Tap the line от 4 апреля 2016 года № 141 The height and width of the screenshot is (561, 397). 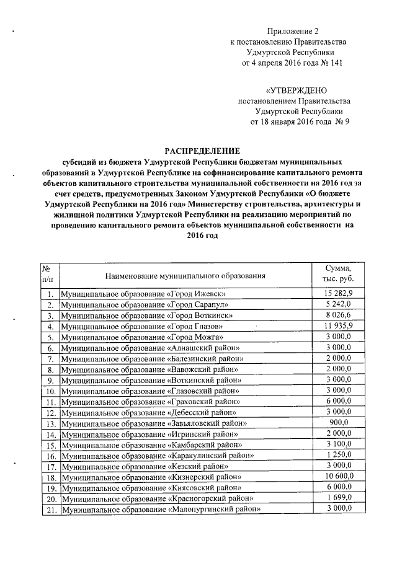click(x=293, y=63)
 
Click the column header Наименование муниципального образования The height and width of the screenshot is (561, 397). click(x=185, y=275)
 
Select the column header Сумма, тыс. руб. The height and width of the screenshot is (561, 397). click(x=337, y=274)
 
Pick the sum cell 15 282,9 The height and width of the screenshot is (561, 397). click(x=337, y=293)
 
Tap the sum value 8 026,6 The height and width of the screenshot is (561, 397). click(x=337, y=315)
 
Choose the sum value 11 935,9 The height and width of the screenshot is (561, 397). click(x=337, y=325)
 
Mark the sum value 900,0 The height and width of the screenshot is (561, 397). click(x=337, y=423)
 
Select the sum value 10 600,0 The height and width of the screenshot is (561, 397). click(x=337, y=477)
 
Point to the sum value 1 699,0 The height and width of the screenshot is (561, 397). click(x=337, y=498)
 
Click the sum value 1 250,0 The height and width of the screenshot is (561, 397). click(x=337, y=455)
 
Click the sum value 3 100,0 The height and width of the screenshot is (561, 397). click(x=337, y=444)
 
